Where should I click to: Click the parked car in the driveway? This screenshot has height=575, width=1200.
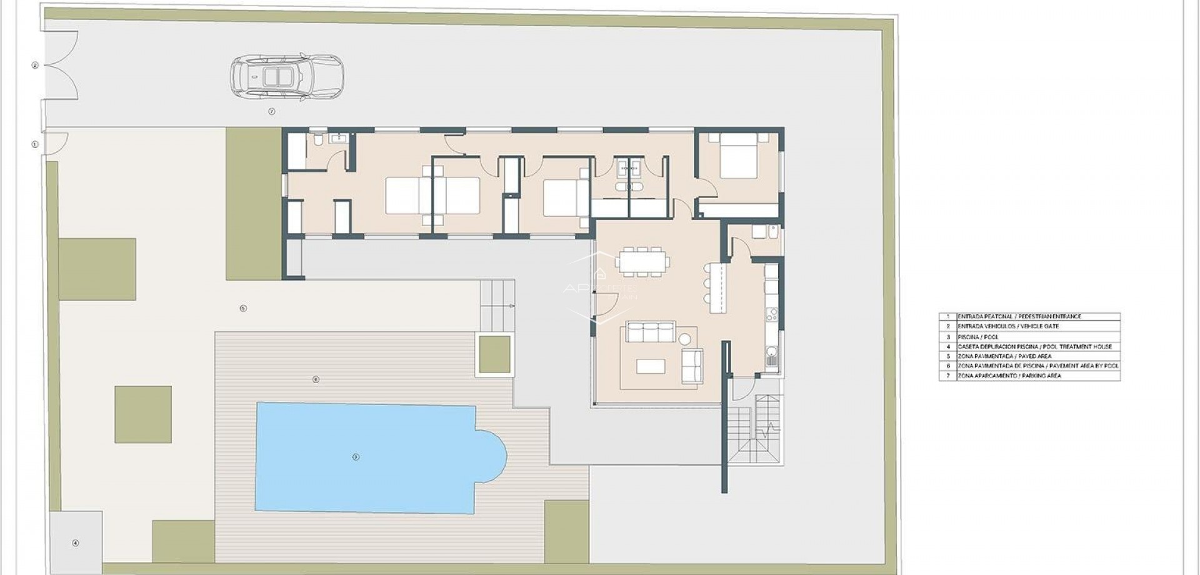coord(287,77)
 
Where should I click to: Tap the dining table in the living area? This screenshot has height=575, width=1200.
coord(642,261)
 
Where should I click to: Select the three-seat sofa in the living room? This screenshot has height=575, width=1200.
coord(651,332)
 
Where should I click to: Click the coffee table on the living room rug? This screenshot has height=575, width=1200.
coord(650,366)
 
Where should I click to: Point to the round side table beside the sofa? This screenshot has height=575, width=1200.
coord(685,339)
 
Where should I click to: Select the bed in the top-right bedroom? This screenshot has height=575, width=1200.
coord(739,160)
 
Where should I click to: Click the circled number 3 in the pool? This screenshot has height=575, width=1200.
coord(356,457)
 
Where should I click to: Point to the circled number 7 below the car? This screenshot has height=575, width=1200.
coord(271,111)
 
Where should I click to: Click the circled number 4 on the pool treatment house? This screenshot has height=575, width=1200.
coord(76,543)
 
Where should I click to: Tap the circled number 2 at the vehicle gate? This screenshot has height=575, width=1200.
coord(35,65)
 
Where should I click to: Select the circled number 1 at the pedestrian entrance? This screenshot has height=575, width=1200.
coord(35,144)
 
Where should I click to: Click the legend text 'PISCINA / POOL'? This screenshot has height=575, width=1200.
coord(978,337)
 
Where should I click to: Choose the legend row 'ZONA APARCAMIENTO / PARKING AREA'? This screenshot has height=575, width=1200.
coord(1009,376)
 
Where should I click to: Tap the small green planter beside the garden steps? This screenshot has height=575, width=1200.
coord(494,354)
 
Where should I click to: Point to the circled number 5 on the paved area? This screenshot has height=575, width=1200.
coord(243,308)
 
